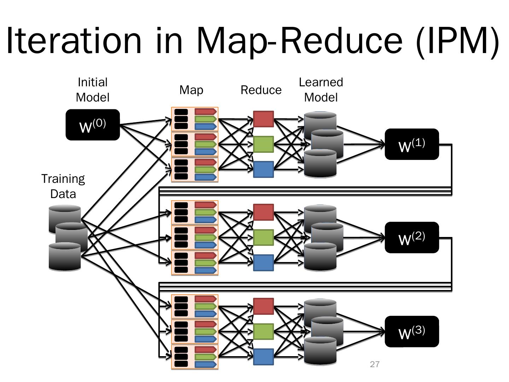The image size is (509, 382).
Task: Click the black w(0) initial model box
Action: point(93,125)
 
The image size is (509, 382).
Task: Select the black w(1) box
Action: point(412,144)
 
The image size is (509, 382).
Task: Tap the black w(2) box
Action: point(412,238)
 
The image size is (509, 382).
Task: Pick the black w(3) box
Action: point(412,331)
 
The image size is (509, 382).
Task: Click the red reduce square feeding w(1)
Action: point(263,119)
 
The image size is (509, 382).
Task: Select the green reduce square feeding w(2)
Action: point(263,237)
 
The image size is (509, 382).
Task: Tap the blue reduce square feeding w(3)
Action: point(263,357)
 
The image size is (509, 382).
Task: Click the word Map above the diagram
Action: point(191,90)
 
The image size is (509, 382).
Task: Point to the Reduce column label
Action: point(261,90)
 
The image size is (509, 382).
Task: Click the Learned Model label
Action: point(321,90)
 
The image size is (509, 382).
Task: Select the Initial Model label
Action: point(93,90)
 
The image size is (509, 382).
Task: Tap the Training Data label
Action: point(63,186)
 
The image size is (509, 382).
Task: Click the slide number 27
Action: point(375,364)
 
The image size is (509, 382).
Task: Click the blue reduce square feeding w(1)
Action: point(263,169)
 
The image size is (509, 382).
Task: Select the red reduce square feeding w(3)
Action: point(263,306)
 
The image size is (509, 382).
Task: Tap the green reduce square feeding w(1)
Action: point(263,144)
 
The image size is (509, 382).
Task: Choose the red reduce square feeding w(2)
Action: point(263,212)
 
